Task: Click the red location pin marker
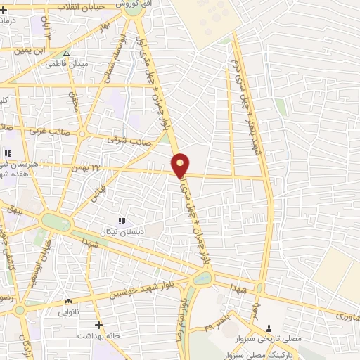pyautogui.click(x=181, y=165)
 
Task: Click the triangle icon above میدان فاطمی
pyautogui.click(x=66, y=53)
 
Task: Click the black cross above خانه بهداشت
pyautogui.click(x=98, y=326)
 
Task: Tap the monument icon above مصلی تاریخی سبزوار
pyautogui.click(x=270, y=328)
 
